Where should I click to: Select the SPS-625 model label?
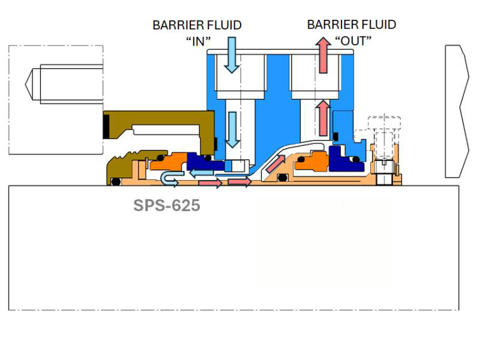point(166,206)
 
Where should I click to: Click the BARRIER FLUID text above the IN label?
point(197,25)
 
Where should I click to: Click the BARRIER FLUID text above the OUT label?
point(352,25)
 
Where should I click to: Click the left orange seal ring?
point(173,161)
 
